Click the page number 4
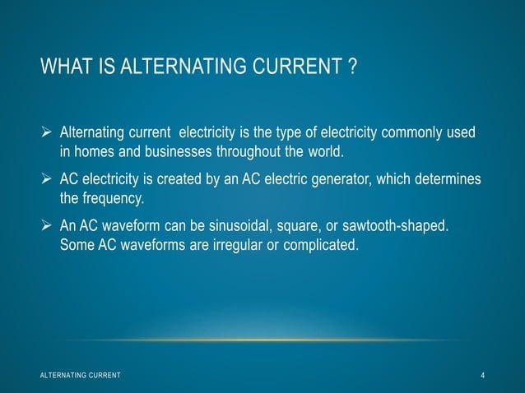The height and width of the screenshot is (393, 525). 483,376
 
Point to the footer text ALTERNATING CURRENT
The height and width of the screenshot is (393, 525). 80,376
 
